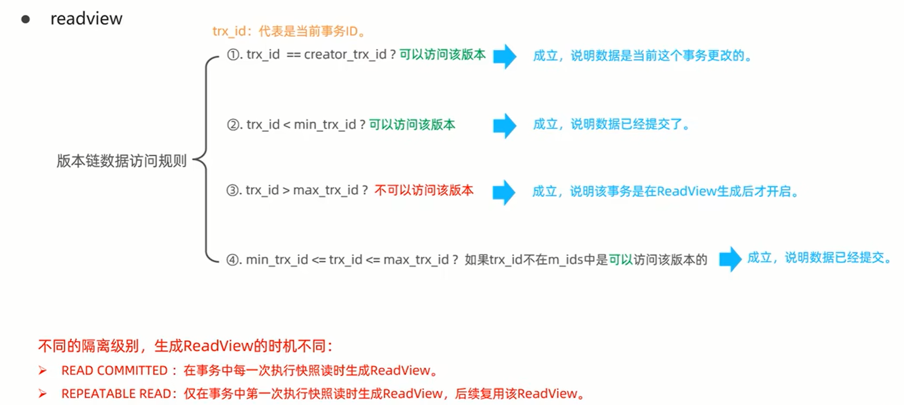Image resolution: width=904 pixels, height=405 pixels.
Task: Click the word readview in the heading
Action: click(x=86, y=19)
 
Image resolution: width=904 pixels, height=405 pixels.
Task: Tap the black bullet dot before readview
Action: click(x=26, y=19)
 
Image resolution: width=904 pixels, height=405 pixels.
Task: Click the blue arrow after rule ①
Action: click(x=505, y=56)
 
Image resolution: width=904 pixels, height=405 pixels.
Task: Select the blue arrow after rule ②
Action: click(x=505, y=126)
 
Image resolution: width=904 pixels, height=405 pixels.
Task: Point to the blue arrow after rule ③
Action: click(x=504, y=192)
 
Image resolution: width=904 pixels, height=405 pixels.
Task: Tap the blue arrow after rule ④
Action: click(x=730, y=259)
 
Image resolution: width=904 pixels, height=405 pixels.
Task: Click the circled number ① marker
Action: click(x=233, y=55)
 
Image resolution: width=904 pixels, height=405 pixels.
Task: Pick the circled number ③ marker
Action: click(x=233, y=190)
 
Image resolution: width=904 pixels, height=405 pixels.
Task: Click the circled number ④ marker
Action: click(x=233, y=260)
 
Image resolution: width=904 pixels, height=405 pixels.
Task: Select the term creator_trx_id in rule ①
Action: click(x=345, y=55)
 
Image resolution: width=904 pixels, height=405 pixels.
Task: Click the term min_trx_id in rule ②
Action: click(x=324, y=125)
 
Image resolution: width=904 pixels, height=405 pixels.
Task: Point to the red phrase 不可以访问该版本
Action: click(x=424, y=190)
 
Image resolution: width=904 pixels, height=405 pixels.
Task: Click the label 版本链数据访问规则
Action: click(x=121, y=161)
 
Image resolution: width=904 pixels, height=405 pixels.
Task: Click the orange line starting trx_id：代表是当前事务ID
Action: click(x=289, y=32)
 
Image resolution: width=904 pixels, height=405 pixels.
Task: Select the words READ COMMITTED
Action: click(x=114, y=371)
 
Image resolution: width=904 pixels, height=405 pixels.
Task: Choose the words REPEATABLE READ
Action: click(x=116, y=394)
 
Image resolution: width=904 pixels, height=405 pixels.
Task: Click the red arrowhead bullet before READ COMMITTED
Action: click(x=43, y=371)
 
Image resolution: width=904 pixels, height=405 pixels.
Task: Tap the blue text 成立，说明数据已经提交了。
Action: click(x=612, y=125)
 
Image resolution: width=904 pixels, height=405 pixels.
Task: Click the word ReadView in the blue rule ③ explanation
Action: click(x=686, y=192)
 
